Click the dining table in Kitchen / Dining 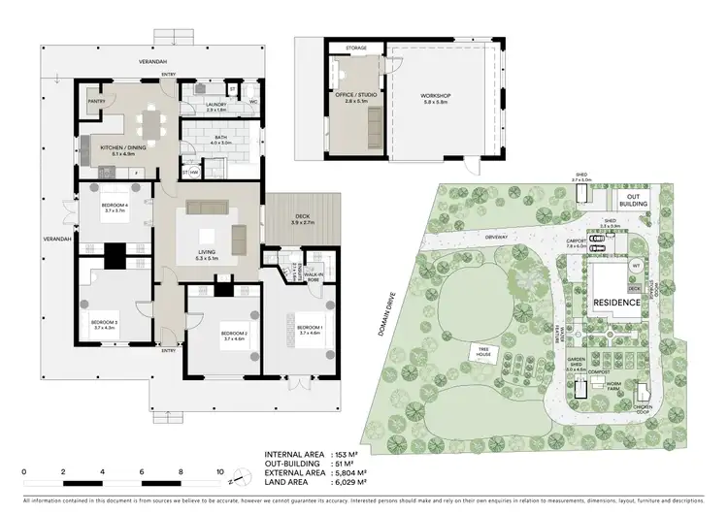(x=150, y=122)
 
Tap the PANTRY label (x=96, y=100)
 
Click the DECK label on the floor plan (x=304, y=220)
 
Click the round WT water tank (x=637, y=265)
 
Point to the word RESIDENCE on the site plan (x=616, y=303)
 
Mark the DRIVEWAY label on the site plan (x=495, y=236)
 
